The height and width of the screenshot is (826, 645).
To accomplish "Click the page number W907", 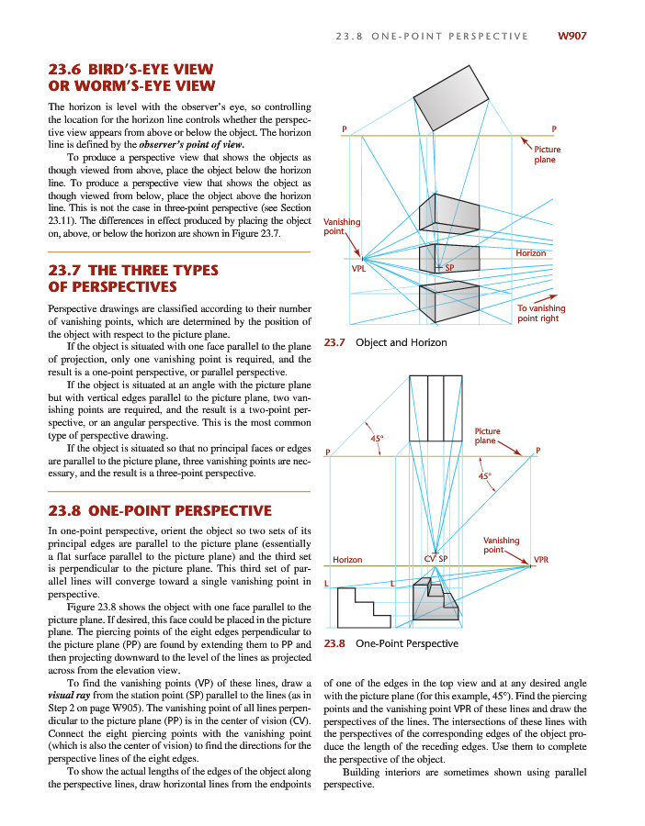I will (x=571, y=37).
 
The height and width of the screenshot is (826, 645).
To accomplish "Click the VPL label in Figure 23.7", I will (x=359, y=269).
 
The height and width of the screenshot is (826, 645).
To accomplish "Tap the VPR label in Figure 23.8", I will (x=541, y=558).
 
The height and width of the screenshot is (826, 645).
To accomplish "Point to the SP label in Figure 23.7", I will (x=449, y=268).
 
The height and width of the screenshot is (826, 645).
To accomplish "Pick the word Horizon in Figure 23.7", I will (x=531, y=253).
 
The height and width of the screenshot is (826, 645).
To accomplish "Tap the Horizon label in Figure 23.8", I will (x=347, y=559).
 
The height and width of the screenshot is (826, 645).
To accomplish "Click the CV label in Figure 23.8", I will (x=429, y=558).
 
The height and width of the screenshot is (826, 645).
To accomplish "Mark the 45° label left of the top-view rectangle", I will (x=376, y=439).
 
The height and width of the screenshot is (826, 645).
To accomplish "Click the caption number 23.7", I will (x=334, y=343).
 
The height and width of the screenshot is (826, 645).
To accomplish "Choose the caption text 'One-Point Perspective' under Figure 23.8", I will (x=406, y=643).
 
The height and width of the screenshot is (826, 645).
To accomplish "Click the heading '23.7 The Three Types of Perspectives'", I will (x=132, y=279).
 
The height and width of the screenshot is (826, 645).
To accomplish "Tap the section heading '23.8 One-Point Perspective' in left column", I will (x=159, y=510).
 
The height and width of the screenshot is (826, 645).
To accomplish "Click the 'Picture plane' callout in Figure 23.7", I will (x=548, y=154).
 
